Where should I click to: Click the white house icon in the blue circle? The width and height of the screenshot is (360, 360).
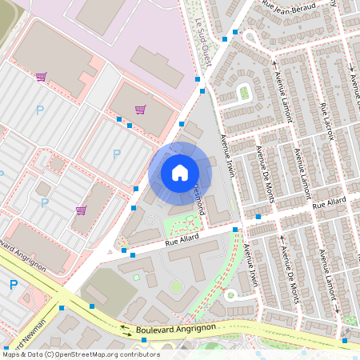click(180, 173)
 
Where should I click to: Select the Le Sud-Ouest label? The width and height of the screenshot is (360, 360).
click(199, 44)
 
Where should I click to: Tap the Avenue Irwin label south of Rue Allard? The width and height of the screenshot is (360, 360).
click(252, 265)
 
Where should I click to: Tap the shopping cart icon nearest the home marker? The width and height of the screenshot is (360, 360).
click(141, 110)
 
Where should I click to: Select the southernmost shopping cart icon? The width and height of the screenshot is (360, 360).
click(81, 210)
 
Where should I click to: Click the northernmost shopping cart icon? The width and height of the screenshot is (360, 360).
click(41, 77)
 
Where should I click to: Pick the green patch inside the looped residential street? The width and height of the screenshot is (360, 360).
click(244, 93)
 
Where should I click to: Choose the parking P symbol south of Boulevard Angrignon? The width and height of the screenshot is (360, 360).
click(14, 285)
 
